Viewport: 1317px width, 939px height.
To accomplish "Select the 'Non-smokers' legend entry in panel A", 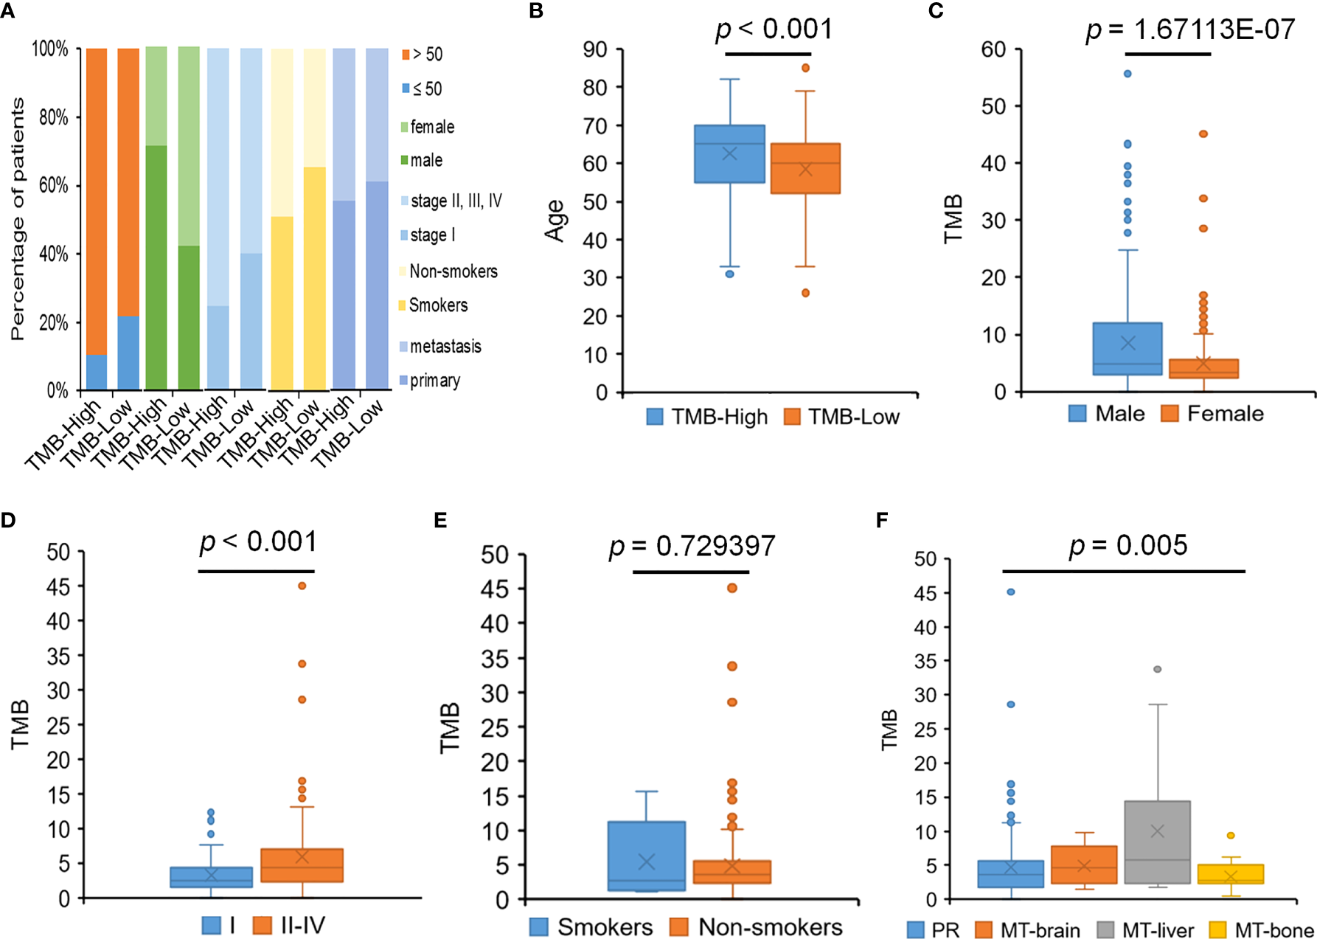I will point(453,271).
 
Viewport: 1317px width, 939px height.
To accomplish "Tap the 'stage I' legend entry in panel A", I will point(432,235).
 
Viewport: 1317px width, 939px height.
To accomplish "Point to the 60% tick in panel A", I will point(53,185).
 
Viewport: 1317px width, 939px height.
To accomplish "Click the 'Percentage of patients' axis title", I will point(18,219).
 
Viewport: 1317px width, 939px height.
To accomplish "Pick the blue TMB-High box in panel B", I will point(729,153).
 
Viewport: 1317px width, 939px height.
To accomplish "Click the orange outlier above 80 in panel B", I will point(805,68).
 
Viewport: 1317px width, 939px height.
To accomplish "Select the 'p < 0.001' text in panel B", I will point(774,30).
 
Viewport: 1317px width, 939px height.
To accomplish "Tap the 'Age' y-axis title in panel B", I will point(555,221).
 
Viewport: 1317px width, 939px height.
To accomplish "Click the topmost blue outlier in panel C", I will point(1127,74).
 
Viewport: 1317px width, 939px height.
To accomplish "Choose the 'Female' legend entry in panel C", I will point(1224,414).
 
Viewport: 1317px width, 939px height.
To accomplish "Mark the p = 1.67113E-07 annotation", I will point(1190,30).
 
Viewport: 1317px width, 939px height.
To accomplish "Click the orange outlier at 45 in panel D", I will point(302,586).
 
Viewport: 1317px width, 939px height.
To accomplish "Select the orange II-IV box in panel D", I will point(302,865).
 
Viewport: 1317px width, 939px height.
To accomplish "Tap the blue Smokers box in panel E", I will point(647,856).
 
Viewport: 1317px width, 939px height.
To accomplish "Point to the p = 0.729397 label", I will point(692,547).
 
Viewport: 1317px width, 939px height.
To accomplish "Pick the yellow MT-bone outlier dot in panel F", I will point(1231,836).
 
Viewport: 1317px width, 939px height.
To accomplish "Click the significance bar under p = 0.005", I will point(1123,571).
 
